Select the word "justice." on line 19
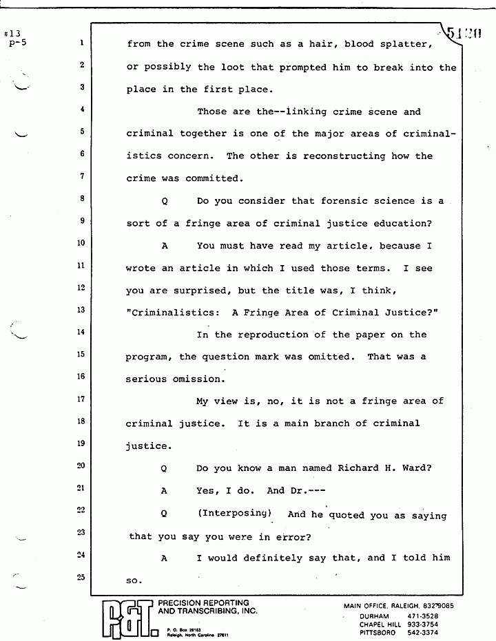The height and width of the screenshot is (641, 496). (149, 445)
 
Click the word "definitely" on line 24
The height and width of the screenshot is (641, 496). (294, 558)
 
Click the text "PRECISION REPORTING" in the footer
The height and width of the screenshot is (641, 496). (208, 603)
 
